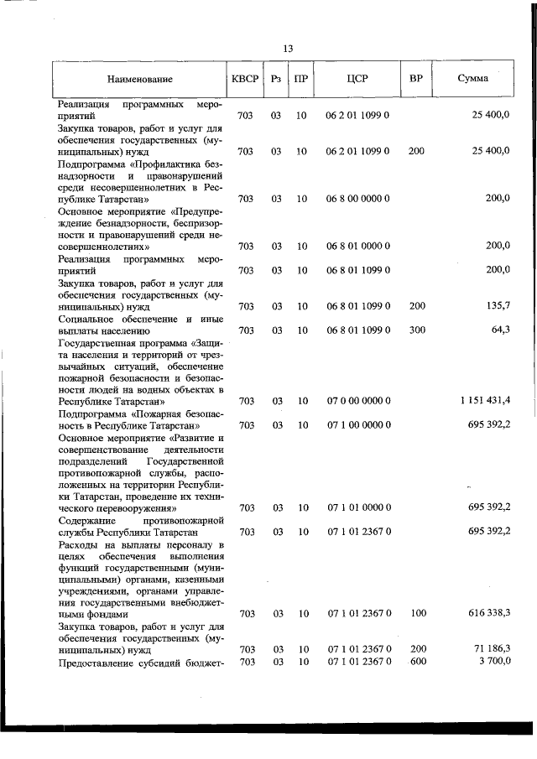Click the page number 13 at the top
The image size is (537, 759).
click(x=288, y=48)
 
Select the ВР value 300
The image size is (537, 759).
click(x=417, y=330)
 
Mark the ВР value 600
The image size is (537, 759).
click(x=417, y=663)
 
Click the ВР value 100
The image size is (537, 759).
click(x=417, y=614)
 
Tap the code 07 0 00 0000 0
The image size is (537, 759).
click(x=357, y=401)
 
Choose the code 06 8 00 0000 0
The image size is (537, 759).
click(x=357, y=199)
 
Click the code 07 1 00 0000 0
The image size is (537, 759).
click(x=357, y=424)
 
